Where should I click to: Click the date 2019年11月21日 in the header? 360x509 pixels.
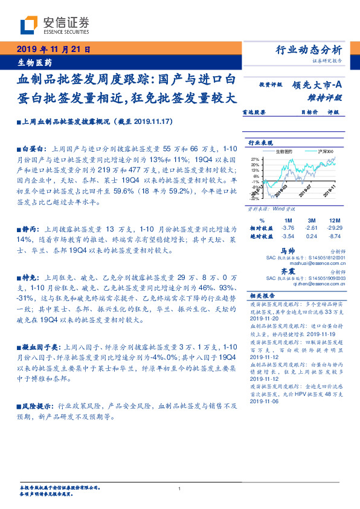pyautogui.click(x=53, y=50)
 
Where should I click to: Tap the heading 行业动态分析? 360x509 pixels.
pyautogui.click(x=309, y=50)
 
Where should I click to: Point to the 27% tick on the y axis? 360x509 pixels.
pyautogui.click(x=256, y=158)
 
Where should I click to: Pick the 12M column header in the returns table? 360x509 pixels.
pyautogui.click(x=335, y=219)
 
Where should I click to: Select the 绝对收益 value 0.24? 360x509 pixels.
pyautogui.click(x=312, y=236)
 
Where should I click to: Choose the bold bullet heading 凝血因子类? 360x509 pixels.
pyautogui.click(x=40, y=348)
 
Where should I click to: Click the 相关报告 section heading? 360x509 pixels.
pyautogui.click(x=262, y=296)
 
